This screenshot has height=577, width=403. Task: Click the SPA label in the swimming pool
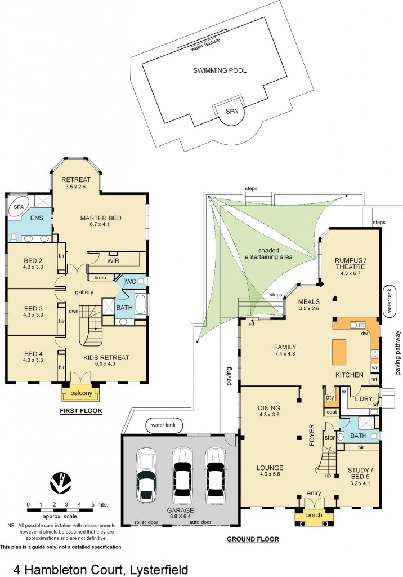pyautogui.click(x=231, y=112)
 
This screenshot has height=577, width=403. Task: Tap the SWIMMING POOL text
pyautogui.click(x=220, y=70)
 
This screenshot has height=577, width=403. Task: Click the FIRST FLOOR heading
pyautogui.click(x=81, y=411)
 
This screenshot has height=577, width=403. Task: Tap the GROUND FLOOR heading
pyautogui.click(x=253, y=539)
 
